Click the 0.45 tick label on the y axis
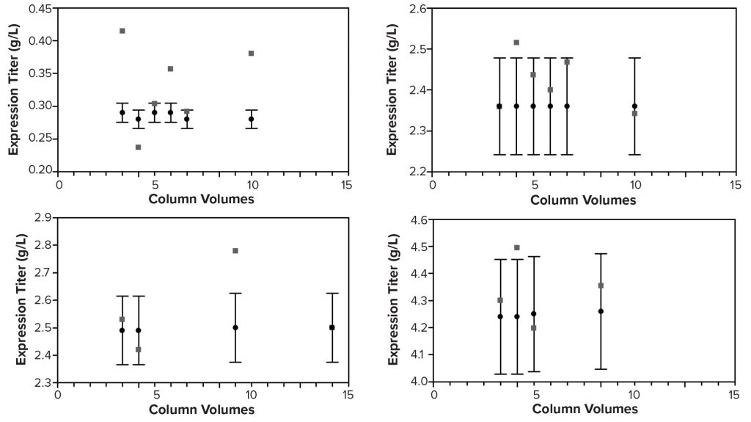point(40,9)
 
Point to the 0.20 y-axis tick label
point(40,170)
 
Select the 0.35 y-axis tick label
point(40,73)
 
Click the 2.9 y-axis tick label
point(43,218)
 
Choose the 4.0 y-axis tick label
point(418,382)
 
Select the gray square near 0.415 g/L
point(122,31)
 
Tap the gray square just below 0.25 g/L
point(138,147)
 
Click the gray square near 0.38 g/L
point(251,53)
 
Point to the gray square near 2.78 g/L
point(235,250)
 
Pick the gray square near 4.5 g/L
point(516,247)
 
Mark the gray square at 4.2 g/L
point(533,327)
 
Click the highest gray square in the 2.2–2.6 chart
point(516,42)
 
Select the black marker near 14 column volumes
point(332,327)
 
